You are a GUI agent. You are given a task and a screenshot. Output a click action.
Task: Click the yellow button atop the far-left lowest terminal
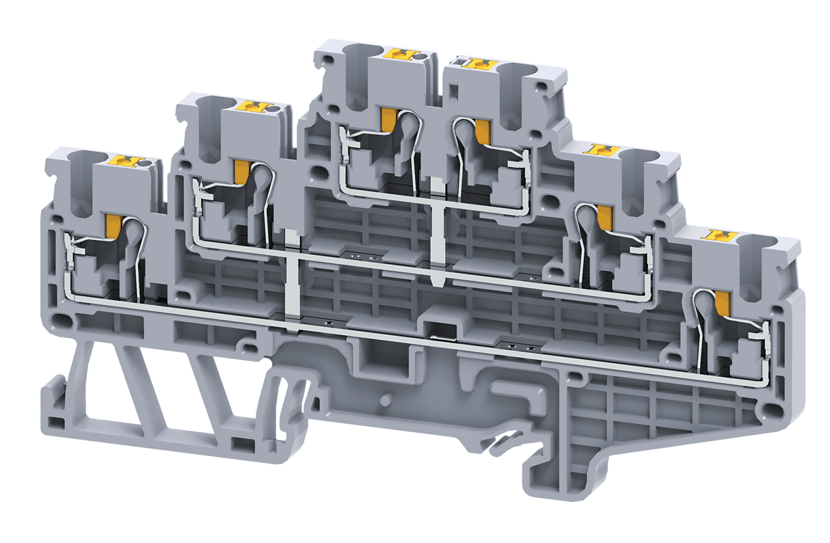(130, 161)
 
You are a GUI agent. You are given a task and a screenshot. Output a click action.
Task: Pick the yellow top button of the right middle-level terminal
(603, 149)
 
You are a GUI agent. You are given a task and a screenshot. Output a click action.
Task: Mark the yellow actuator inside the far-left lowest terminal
(113, 228)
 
